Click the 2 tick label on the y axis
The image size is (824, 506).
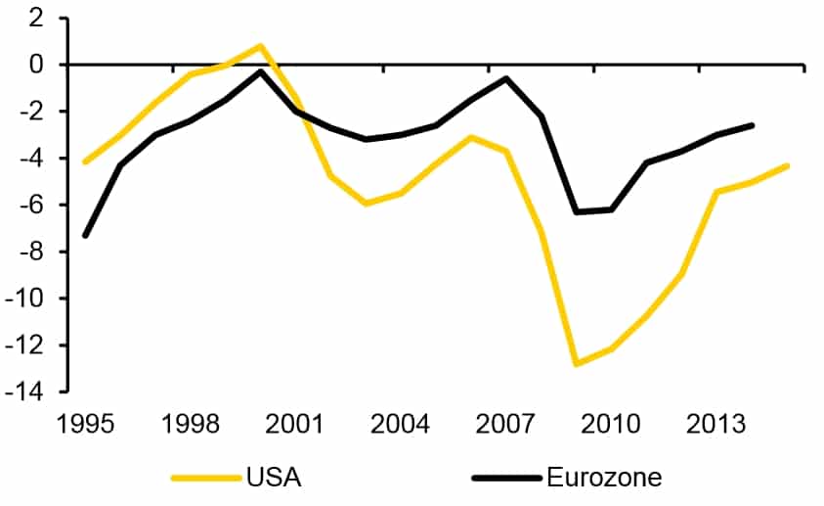[x=36, y=19]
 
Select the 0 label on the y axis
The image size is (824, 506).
[x=36, y=66]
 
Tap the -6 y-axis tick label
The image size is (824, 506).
[x=32, y=206]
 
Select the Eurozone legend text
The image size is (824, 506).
[x=604, y=478]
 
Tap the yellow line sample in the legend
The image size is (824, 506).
[x=205, y=478]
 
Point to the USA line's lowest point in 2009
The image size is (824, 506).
[x=577, y=364]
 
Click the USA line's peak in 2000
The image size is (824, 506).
[x=261, y=45]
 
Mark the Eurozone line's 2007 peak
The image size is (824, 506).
[x=506, y=78]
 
